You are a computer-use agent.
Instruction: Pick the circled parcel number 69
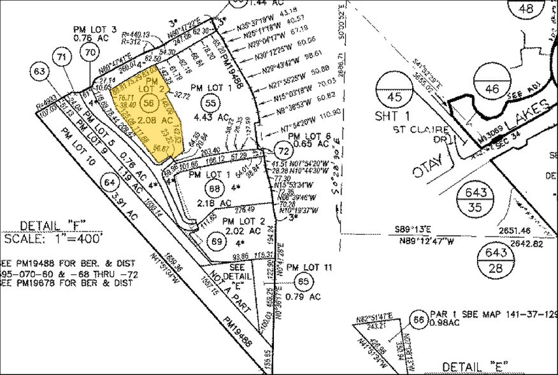[x=217, y=242]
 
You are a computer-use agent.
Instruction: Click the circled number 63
[x=39, y=71]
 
